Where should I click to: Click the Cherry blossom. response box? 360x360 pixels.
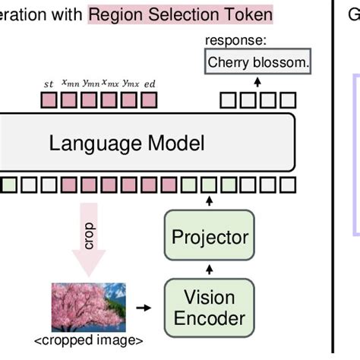(x=258, y=63)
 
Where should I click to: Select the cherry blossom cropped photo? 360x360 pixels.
(x=88, y=307)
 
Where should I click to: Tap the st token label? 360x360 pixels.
(x=49, y=84)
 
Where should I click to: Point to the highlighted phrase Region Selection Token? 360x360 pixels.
(x=180, y=14)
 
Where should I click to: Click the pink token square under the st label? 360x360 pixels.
(x=49, y=99)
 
